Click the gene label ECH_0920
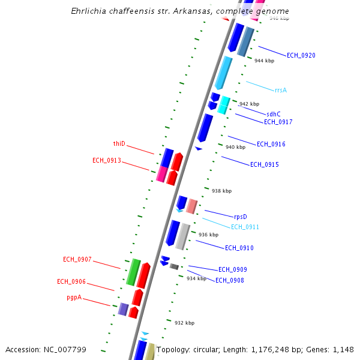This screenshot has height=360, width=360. click(x=301, y=55)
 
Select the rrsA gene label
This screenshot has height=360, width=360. click(x=280, y=90)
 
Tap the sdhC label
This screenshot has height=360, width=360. click(x=274, y=114)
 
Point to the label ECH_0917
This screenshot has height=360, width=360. click(x=278, y=122)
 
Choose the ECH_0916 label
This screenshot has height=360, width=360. click(x=271, y=144)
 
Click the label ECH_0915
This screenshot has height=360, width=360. click(x=265, y=164)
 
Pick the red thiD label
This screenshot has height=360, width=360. click(x=119, y=143)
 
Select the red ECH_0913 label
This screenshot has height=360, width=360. click(x=107, y=160)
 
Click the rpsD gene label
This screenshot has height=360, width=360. click(x=241, y=217)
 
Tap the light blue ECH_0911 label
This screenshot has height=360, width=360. click(x=245, y=227)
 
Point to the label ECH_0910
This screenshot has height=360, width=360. click(x=239, y=248)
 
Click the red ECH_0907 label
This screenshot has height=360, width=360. click(x=77, y=259)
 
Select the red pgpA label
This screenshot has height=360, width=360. click(x=74, y=297)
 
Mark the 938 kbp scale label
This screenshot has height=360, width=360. click(x=221, y=191)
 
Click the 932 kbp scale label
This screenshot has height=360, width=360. click(x=185, y=323)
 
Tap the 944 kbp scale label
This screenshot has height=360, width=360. click(x=264, y=61)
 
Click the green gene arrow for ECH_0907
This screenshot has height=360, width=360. click(x=133, y=272)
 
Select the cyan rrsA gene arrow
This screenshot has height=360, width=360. click(x=223, y=72)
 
